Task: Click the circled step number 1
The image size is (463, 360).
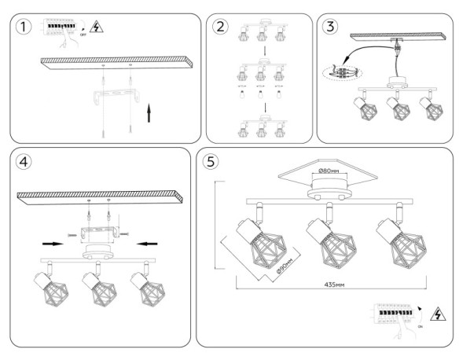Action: pyautogui.click(x=27, y=28)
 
